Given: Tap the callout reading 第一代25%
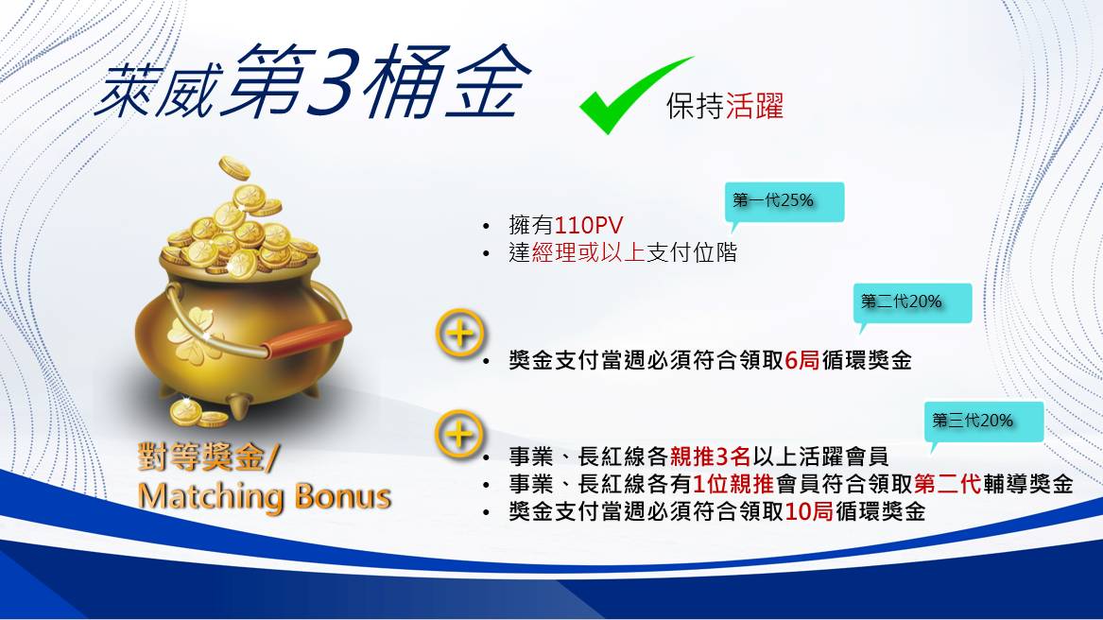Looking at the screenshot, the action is (784, 202).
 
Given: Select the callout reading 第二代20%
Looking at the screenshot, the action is (912, 303).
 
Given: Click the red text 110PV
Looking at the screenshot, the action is (588, 226).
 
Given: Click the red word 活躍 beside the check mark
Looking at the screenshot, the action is (754, 106).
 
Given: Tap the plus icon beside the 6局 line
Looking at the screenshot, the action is (460, 333).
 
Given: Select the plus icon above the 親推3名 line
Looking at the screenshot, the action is (460, 434).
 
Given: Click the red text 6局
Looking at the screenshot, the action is (801, 360).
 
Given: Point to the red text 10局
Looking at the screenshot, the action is (809, 511).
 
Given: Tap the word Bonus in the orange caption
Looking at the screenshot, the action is (342, 496).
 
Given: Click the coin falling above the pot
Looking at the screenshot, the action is (234, 168).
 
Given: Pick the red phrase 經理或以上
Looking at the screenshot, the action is (588, 252).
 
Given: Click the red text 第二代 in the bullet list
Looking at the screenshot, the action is (948, 484).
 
